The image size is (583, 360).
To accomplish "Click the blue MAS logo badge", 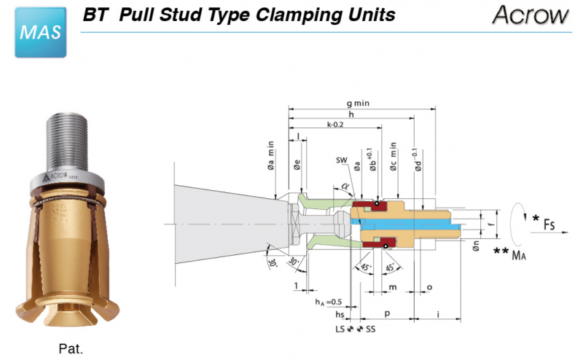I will pyautogui.click(x=41, y=33).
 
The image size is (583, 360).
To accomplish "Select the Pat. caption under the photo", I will pyautogui.click(x=71, y=348).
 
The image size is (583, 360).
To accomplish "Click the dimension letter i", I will pyautogui.click(x=437, y=314).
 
